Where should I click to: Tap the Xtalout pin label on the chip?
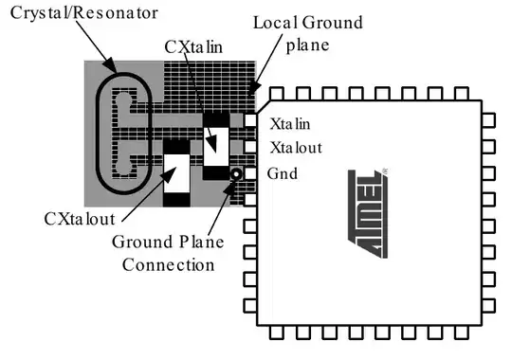tap(295, 148)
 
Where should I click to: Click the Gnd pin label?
tap(284, 174)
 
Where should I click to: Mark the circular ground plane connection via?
tap(235, 173)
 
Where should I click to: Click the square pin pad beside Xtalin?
tap(250, 122)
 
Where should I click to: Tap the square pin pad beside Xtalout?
tap(250, 148)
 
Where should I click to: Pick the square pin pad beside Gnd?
tap(250, 173)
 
